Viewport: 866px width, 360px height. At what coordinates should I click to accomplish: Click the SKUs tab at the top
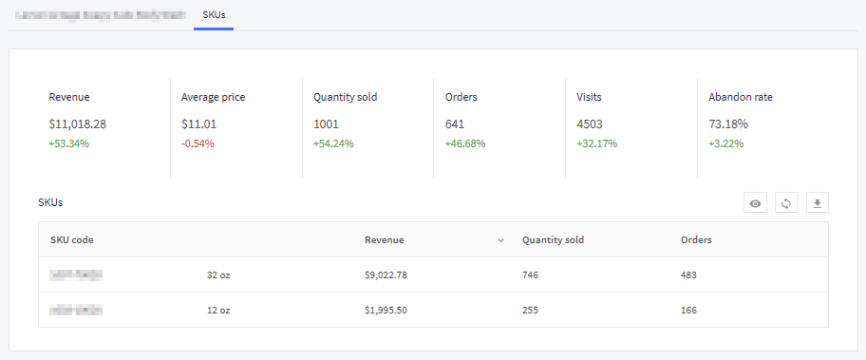click(214, 16)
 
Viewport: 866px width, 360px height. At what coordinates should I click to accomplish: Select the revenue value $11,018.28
click(77, 124)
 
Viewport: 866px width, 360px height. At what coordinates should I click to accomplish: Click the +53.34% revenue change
click(68, 144)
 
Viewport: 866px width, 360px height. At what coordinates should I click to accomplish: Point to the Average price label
click(213, 97)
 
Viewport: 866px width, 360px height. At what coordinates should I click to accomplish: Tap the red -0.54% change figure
click(198, 144)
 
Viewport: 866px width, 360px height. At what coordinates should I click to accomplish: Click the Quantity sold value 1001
click(326, 124)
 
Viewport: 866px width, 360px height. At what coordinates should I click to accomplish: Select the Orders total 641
click(455, 124)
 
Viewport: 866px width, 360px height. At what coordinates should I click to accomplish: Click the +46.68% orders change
click(465, 144)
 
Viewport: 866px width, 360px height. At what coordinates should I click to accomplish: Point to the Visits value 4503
click(590, 124)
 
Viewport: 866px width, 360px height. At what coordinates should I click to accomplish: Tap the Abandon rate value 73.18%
click(728, 124)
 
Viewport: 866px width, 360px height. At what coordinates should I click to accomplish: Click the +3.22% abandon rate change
click(725, 144)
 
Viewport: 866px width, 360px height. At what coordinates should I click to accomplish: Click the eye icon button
click(756, 203)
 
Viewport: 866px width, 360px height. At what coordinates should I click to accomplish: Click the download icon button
click(818, 203)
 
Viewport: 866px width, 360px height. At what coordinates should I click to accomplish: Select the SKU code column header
click(72, 240)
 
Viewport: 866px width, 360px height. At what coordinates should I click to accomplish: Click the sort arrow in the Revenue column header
click(500, 240)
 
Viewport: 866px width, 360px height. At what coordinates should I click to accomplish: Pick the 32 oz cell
click(218, 275)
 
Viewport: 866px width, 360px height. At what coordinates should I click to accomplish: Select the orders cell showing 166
click(688, 311)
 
